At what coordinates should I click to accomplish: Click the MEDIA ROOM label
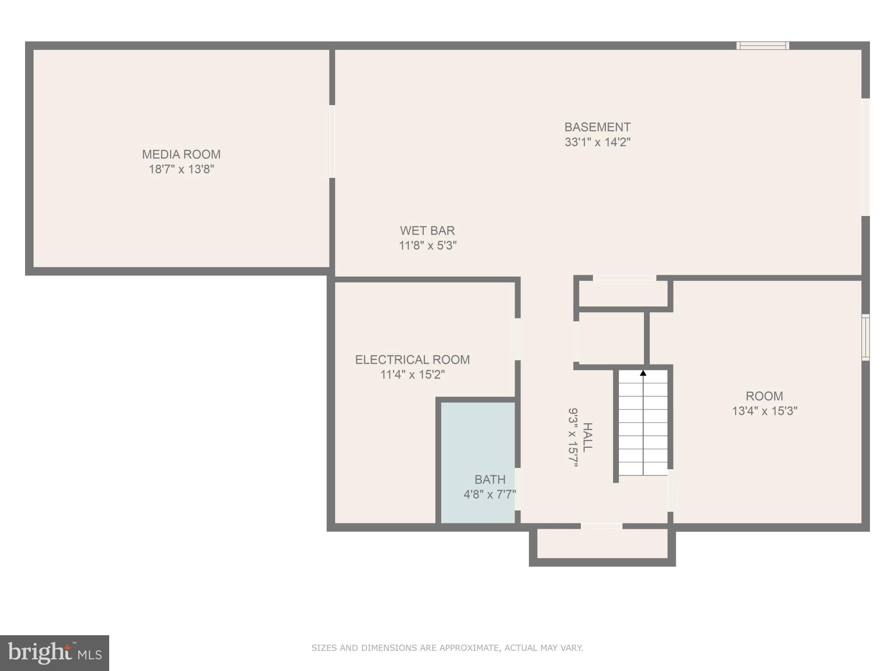pos(181,154)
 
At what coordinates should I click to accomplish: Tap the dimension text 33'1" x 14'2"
pos(597,142)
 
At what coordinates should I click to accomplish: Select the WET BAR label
pos(427,230)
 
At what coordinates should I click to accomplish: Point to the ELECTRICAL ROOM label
pos(412,360)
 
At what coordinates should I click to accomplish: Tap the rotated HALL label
pos(587,437)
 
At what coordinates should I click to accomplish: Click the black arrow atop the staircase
pos(643,373)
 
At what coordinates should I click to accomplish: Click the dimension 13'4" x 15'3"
pos(764,411)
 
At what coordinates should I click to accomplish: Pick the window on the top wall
pos(763,45)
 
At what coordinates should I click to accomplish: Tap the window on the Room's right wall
pos(865,337)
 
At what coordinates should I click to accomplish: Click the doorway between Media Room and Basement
pos(332,141)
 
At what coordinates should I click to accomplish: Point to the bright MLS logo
pos(55,653)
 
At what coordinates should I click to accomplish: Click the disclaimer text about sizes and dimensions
pos(447,648)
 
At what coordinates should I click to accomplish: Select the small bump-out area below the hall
pos(602,544)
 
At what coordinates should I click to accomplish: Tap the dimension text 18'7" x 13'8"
pos(181,169)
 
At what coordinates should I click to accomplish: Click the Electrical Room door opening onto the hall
pos(517,339)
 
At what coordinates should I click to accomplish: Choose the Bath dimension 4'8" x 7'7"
pos(490,494)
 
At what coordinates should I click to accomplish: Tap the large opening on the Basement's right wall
pos(865,157)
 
